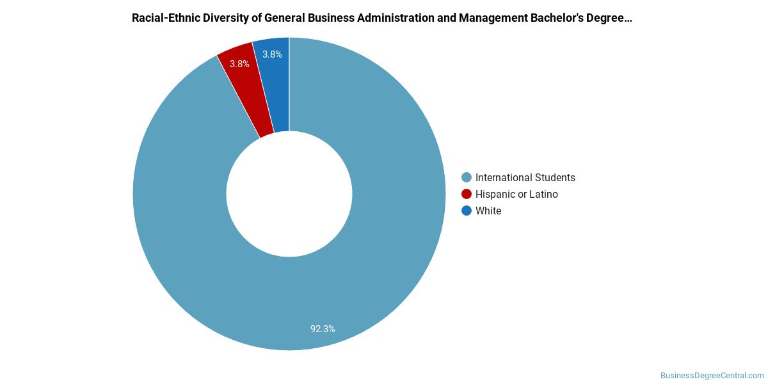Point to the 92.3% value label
pyautogui.click(x=323, y=329)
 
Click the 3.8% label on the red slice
pyautogui.click(x=239, y=64)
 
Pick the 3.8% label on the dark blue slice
pyautogui.click(x=272, y=54)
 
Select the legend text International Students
pyautogui.click(x=525, y=177)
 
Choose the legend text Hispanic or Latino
pyautogui.click(x=516, y=194)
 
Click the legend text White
pyautogui.click(x=488, y=211)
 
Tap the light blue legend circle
pyautogui.click(x=467, y=177)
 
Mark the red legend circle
pyautogui.click(x=467, y=194)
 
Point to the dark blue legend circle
pyautogui.click(x=467, y=211)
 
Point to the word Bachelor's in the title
pyautogui.click(x=557, y=18)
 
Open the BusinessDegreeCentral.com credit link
pyautogui.click(x=712, y=376)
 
